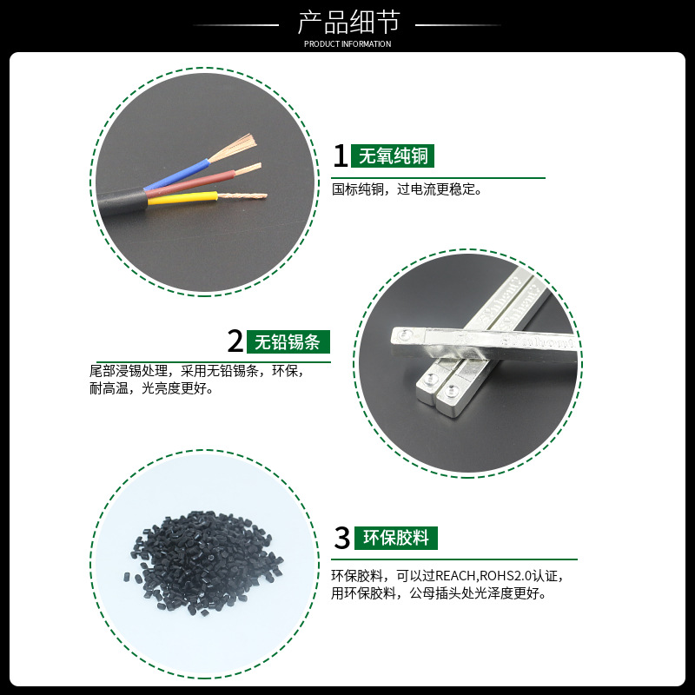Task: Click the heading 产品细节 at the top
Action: coord(347,23)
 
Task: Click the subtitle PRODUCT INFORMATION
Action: coord(347,44)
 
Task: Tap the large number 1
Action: coord(341,156)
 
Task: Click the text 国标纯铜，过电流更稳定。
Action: coord(407,189)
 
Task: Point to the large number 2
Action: coord(234,341)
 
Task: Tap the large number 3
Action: coord(341,538)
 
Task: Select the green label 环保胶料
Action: coord(396,538)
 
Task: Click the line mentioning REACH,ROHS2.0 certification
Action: coord(447,576)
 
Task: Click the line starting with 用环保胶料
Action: coord(439,593)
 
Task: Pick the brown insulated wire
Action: coord(195,184)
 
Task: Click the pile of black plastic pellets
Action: coord(201,560)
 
